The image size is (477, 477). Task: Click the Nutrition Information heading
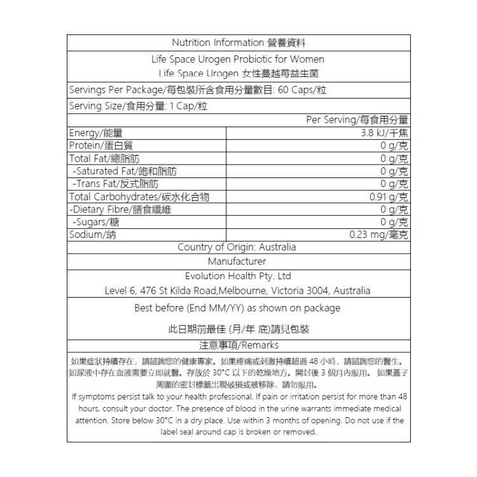click(x=238, y=43)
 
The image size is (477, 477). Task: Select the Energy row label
click(x=95, y=132)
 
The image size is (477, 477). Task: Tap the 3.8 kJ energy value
click(x=384, y=132)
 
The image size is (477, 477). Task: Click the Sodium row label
click(x=96, y=235)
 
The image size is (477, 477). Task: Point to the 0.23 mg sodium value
click(x=379, y=235)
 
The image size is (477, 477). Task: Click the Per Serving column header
click(x=357, y=120)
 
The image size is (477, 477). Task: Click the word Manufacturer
click(x=237, y=261)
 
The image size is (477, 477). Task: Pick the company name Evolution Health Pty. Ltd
click(x=237, y=277)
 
